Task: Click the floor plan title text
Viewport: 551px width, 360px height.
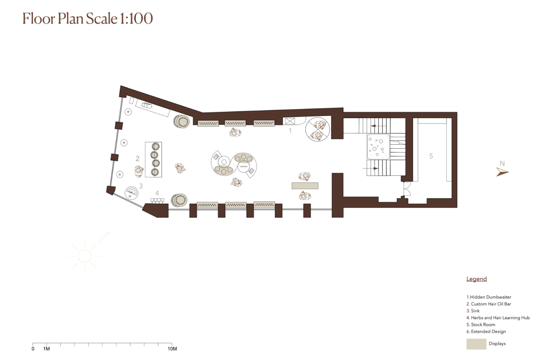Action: (88, 19)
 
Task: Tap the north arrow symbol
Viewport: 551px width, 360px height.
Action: (502, 172)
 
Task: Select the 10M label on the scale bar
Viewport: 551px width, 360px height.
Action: (172, 349)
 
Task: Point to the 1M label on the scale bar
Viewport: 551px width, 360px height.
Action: (47, 349)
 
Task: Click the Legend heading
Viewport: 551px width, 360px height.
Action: (477, 279)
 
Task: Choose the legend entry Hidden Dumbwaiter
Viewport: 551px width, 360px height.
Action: (489, 297)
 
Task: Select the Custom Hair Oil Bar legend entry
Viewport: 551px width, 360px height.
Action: (489, 304)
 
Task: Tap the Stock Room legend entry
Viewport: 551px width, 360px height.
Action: (481, 325)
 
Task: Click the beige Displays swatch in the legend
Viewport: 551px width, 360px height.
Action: (476, 344)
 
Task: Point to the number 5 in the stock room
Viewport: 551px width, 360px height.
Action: (431, 156)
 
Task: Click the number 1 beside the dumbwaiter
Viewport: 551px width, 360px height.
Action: (290, 131)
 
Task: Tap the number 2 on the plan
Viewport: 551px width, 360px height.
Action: (137, 159)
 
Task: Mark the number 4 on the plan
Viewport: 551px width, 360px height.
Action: (157, 193)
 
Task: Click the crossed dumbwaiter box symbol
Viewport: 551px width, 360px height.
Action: (290, 121)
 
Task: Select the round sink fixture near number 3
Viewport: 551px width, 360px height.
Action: (131, 193)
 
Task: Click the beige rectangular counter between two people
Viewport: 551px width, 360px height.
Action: (305, 186)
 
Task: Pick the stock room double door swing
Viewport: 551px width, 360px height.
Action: (406, 189)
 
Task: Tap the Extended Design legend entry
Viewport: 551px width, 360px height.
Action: (486, 331)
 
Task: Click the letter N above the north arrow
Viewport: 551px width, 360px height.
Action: (502, 163)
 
